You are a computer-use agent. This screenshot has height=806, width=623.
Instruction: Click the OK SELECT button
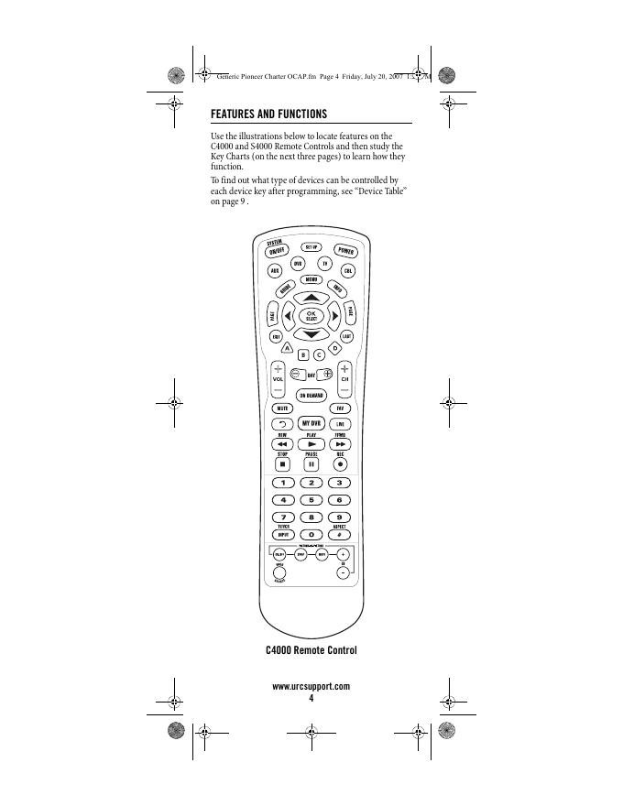(x=311, y=315)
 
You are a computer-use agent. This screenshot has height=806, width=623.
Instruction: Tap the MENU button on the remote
(x=311, y=278)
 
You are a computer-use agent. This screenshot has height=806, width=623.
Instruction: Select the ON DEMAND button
(x=311, y=396)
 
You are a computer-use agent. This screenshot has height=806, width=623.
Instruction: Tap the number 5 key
(x=311, y=499)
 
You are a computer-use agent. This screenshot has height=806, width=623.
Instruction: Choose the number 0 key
(x=311, y=534)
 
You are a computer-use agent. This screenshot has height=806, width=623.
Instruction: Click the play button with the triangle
(x=311, y=443)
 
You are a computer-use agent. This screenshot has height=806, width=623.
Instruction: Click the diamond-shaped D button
(x=335, y=349)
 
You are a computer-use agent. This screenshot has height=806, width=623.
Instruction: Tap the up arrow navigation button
(x=311, y=298)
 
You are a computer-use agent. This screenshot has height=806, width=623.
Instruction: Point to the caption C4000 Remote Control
(x=311, y=650)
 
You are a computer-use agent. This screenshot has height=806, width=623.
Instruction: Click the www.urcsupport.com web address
(x=311, y=686)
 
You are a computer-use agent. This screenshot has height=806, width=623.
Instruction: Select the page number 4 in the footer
(x=311, y=698)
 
